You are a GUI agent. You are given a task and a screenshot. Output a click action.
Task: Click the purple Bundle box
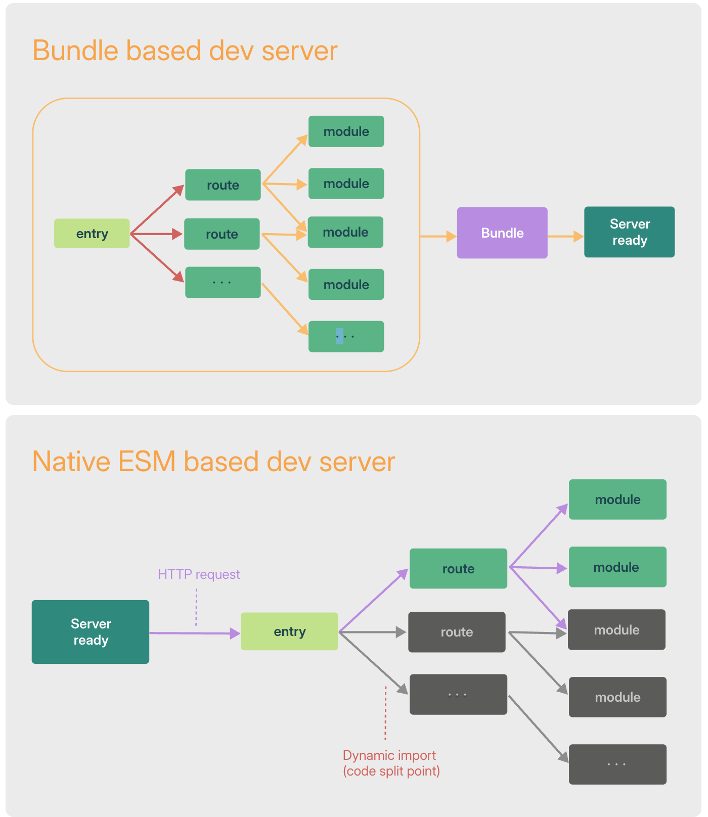click(502, 233)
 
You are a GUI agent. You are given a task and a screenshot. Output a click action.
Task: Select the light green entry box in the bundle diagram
click(92, 233)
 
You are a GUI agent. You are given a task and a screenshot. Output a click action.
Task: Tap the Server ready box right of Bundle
click(630, 232)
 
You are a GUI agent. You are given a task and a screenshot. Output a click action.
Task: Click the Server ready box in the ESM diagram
click(91, 632)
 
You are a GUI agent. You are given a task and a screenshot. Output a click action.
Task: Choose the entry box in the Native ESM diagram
click(289, 631)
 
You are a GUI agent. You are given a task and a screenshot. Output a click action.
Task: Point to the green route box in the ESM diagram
click(458, 569)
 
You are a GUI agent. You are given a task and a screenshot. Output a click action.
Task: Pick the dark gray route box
click(457, 632)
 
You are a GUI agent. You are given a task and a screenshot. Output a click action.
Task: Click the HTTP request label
click(199, 574)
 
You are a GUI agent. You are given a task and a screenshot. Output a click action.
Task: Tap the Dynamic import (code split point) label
click(391, 763)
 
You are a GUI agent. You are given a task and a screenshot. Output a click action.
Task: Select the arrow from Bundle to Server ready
click(566, 236)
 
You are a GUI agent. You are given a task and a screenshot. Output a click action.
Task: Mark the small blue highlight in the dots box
click(339, 336)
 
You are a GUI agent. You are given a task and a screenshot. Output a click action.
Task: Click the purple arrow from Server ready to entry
click(195, 633)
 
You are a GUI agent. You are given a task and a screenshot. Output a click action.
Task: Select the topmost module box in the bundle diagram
click(346, 131)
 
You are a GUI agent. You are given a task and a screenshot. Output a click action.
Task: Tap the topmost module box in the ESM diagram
click(617, 500)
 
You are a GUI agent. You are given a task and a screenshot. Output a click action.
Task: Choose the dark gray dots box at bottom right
click(617, 764)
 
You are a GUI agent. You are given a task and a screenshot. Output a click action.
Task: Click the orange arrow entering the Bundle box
click(438, 236)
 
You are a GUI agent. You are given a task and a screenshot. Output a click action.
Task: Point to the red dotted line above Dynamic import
click(385, 713)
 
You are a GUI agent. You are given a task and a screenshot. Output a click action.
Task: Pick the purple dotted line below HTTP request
click(196, 607)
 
